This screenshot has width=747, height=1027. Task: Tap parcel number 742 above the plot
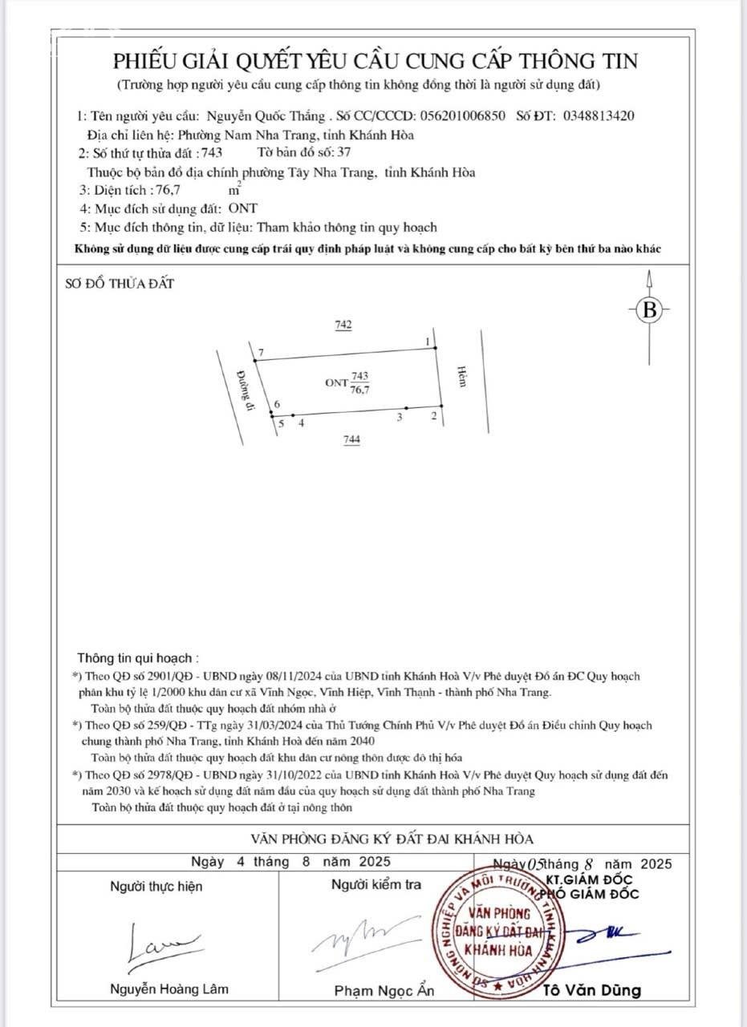click(343, 325)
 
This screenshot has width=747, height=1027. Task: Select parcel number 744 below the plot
click(351, 439)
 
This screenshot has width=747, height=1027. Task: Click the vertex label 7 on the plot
click(262, 353)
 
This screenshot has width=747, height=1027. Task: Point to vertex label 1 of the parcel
click(428, 342)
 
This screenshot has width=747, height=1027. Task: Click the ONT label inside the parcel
click(336, 383)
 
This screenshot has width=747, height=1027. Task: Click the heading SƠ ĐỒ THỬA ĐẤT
click(119, 283)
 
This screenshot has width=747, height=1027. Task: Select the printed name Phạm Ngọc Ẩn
click(384, 990)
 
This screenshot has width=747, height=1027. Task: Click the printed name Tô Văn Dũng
click(593, 990)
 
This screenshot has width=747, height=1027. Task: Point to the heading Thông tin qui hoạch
click(134, 658)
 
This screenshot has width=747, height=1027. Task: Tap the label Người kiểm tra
click(376, 884)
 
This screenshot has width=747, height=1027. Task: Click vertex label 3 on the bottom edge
click(399, 416)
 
